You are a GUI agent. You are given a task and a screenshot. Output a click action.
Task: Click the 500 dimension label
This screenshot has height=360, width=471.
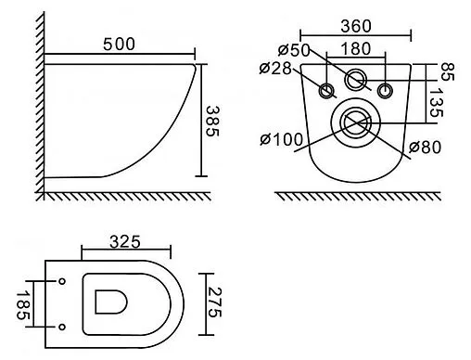119,45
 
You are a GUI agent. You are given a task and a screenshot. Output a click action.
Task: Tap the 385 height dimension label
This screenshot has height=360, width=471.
212,122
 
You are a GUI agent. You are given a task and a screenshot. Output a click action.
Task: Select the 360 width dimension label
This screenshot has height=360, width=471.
356,26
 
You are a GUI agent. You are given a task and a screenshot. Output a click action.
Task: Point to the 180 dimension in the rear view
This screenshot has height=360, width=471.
355,49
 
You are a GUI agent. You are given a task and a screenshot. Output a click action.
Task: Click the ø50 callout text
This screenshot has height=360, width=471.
294,50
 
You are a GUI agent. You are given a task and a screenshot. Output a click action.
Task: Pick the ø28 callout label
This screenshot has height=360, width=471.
275,69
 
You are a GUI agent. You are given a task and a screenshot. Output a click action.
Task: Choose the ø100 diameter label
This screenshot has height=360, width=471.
281,139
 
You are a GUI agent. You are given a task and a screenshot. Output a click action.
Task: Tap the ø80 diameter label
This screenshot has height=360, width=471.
425,148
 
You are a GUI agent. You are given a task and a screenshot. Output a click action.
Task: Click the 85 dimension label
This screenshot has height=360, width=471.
447,71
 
